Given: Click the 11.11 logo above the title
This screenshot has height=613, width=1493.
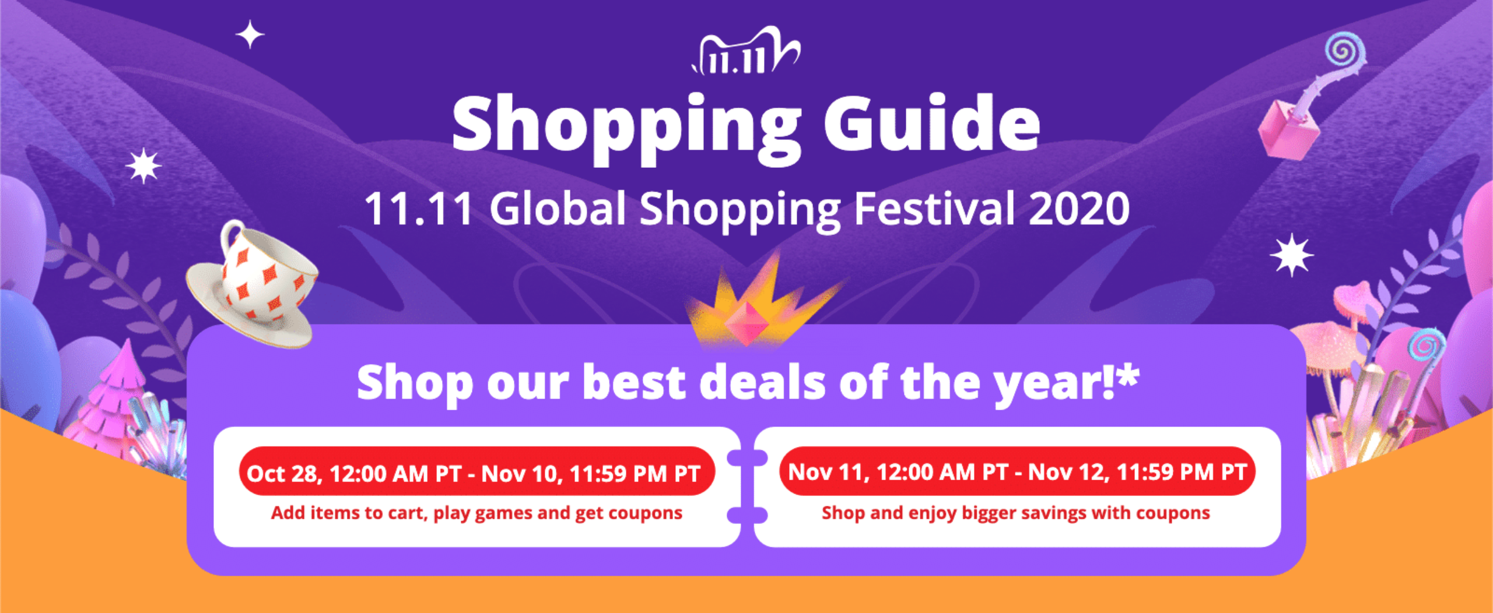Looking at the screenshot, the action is pyautogui.click(x=746, y=51).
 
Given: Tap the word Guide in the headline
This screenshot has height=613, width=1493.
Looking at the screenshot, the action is pyautogui.click(x=932, y=123).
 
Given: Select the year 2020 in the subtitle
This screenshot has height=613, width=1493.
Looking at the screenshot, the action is pyautogui.click(x=1079, y=209).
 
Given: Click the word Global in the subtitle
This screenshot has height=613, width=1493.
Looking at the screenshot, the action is pyautogui.click(x=558, y=208).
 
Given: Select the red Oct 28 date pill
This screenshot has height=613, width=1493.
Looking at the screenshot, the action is pyautogui.click(x=476, y=472).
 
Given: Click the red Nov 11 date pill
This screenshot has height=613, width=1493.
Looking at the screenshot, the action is pyautogui.click(x=1017, y=471).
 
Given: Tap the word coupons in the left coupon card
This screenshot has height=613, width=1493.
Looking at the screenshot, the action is pyautogui.click(x=645, y=514).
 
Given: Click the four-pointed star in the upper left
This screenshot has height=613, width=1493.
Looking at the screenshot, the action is pyautogui.click(x=250, y=35).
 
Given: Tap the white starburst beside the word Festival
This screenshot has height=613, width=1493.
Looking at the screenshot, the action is pyautogui.click(x=1291, y=255).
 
